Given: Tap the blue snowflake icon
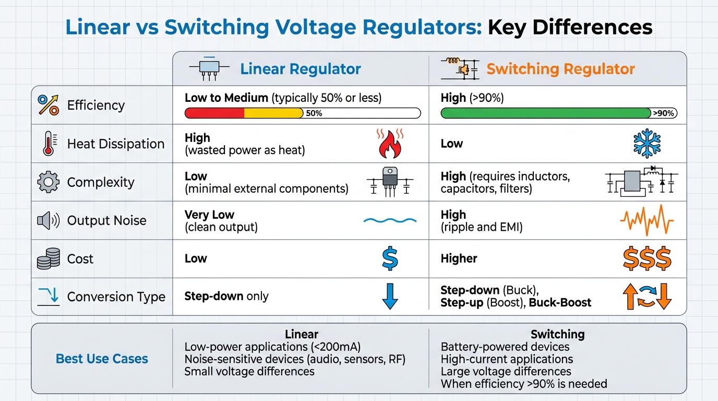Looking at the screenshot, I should click(x=647, y=144).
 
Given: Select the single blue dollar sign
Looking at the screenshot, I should click(x=390, y=259).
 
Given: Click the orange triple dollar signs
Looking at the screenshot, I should click(x=647, y=259).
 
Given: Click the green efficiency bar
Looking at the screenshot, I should click(x=545, y=113).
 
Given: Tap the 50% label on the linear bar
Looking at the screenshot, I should click(x=314, y=113).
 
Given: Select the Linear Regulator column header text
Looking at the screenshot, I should click(x=300, y=69).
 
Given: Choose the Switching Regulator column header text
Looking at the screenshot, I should click(x=560, y=69).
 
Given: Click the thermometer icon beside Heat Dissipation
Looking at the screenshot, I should click(x=48, y=144).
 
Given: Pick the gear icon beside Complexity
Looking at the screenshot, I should click(x=48, y=182).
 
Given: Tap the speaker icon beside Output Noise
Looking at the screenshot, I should click(x=48, y=220).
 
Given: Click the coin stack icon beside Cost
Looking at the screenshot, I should click(x=48, y=259).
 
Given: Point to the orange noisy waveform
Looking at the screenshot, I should click(x=647, y=220).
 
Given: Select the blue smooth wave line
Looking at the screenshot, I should click(x=390, y=220).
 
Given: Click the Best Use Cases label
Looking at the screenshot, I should click(x=102, y=359).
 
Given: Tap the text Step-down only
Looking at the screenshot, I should click(x=226, y=297).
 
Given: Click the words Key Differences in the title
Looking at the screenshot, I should click(x=570, y=27).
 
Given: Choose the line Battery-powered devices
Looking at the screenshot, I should click(x=505, y=347).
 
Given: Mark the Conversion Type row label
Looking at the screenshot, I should click(x=116, y=297).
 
